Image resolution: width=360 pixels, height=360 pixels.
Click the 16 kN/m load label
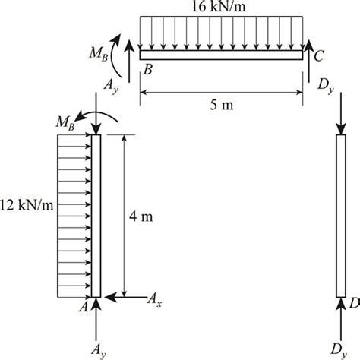[219, 7]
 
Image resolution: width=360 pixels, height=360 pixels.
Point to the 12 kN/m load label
[27, 205]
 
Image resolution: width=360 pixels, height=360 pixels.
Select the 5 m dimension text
[222, 105]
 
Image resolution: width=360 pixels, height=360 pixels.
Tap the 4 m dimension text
[141, 217]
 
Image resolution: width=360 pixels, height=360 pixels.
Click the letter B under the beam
[148, 69]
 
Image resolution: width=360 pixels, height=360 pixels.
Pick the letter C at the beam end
[319, 56]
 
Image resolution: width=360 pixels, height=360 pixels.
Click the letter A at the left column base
[84, 307]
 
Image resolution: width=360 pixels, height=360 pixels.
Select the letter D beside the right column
[355, 303]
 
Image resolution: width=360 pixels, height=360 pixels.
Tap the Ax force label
[154, 300]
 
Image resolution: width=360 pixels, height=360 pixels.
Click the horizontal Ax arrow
[125, 297]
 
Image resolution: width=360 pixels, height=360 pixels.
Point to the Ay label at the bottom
[99, 351]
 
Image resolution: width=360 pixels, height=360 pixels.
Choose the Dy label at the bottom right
[339, 351]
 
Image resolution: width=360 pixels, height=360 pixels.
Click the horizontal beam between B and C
[221, 55]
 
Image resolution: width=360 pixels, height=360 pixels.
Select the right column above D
[341, 216]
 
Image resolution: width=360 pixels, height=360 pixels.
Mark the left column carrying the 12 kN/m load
[96, 216]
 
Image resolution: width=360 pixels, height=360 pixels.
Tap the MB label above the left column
[65, 123]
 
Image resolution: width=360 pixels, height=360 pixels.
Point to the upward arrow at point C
[308, 61]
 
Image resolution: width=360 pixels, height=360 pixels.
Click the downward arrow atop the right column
[341, 114]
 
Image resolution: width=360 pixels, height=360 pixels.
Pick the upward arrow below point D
[341, 319]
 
